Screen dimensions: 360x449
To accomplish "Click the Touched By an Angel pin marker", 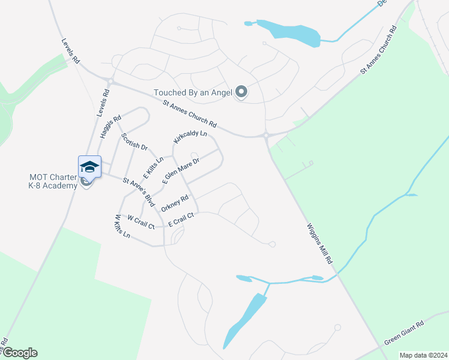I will coord(241,92).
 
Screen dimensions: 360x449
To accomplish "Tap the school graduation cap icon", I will coord(89,167).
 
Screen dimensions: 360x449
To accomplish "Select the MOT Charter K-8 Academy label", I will coord(53,181).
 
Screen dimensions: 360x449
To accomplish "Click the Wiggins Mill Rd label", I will coord(320,245).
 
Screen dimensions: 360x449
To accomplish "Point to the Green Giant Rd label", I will coord(404,332).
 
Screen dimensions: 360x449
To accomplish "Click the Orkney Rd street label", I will coord(175,205).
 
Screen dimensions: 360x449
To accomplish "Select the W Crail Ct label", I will coord(141,222).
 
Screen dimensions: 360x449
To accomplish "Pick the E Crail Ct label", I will coord(182,220).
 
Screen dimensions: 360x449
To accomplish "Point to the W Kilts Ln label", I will coord(122,226).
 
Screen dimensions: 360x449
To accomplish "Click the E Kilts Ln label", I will coord(153,167).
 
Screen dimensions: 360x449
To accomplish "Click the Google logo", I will coord(19,353).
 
